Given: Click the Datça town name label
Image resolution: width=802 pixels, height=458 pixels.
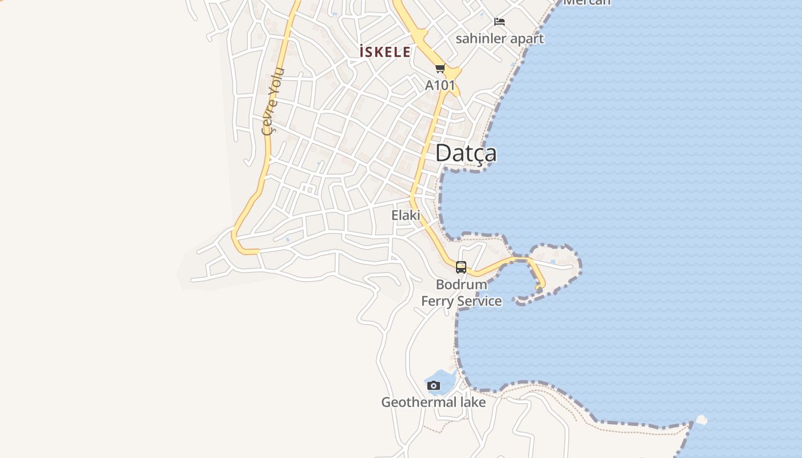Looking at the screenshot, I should [x=466, y=153].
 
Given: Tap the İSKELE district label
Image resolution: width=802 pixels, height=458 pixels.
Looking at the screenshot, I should [x=385, y=52].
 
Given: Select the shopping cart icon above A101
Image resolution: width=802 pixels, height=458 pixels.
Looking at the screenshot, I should [x=440, y=69].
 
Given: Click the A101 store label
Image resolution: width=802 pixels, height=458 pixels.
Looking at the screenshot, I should [x=440, y=85].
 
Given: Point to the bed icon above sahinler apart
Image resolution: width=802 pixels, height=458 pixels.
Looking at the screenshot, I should [x=500, y=22].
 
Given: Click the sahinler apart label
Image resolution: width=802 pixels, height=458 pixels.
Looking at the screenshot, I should [x=500, y=38].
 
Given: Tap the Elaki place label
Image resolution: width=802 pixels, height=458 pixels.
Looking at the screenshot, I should [x=406, y=215].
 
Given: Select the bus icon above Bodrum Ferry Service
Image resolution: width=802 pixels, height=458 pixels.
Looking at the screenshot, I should [x=461, y=267].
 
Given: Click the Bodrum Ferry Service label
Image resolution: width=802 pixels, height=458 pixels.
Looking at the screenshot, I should [x=462, y=293].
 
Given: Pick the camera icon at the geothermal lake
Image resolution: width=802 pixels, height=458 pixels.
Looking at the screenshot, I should [x=434, y=385].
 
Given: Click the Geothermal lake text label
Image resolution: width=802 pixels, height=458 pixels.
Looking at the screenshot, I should [x=434, y=402].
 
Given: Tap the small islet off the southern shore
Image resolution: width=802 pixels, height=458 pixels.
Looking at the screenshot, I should [x=702, y=420].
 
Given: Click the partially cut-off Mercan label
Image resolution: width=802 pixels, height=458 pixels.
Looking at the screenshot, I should [x=587, y=2].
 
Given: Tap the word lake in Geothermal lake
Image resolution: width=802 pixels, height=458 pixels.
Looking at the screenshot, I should [x=471, y=402].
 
